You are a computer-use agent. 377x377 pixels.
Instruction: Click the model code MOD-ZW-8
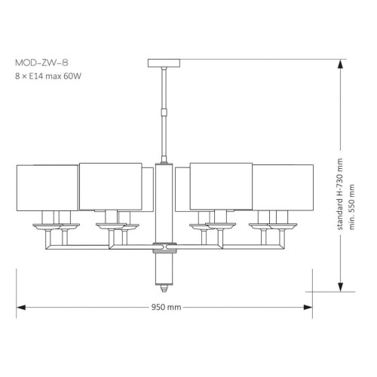point(41,63)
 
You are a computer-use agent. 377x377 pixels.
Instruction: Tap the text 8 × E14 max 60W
point(48,76)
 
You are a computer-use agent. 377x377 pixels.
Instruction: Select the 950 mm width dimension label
point(166,307)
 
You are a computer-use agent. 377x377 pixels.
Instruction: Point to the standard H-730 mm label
point(339,194)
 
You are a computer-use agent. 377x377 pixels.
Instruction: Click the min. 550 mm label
point(351,207)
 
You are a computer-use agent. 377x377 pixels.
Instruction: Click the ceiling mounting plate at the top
point(164,63)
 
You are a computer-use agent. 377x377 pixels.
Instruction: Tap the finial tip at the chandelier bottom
point(164,288)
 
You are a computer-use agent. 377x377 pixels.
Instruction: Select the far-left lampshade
point(48,188)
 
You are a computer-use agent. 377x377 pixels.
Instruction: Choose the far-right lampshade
point(283,188)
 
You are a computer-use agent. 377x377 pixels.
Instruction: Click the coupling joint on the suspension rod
point(164,112)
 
